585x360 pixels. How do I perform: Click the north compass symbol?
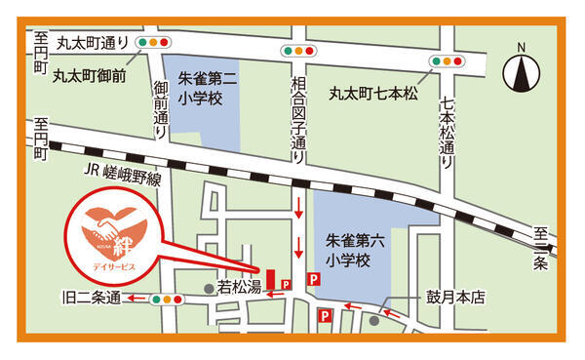click(x=521, y=71)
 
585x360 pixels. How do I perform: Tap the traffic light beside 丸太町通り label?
click(x=154, y=43)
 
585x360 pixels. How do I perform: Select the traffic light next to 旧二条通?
click(x=167, y=300)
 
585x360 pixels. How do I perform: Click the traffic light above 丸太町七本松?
click(x=447, y=60)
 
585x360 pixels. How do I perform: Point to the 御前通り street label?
click(x=160, y=109)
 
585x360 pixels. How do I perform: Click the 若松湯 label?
click(x=238, y=288)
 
